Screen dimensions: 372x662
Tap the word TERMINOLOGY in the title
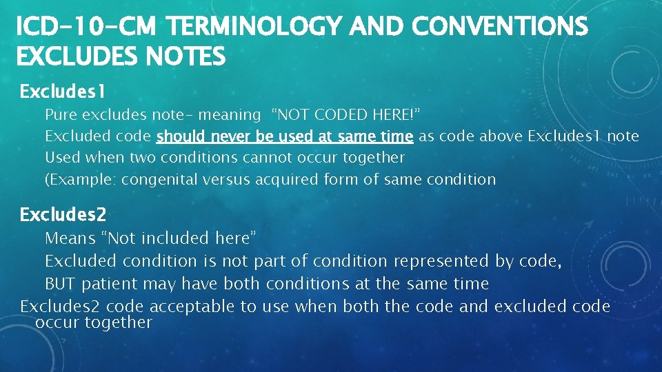[256, 27]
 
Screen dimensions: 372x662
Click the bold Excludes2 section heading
[63, 215]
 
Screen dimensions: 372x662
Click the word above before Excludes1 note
[502, 136]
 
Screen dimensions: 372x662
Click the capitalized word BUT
[60, 284]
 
